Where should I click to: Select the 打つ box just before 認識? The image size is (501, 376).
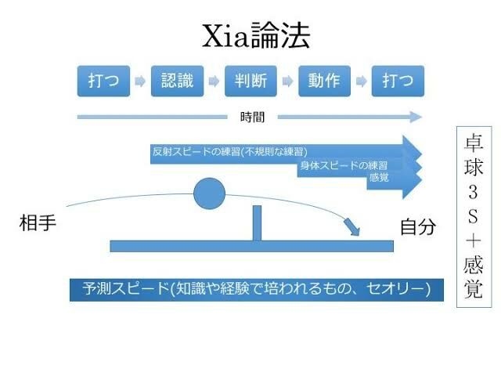pyautogui.click(x=104, y=81)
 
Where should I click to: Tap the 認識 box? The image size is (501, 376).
pyautogui.click(x=178, y=81)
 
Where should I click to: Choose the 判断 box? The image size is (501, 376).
pyautogui.click(x=250, y=81)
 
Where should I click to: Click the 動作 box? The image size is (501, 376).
pyautogui.click(x=324, y=81)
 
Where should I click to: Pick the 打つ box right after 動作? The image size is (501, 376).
pyautogui.click(x=398, y=81)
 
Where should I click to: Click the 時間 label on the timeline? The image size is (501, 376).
pyautogui.click(x=252, y=117)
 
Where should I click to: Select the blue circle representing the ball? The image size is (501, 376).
pyautogui.click(x=208, y=193)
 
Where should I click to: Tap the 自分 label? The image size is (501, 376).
pyautogui.click(x=417, y=227)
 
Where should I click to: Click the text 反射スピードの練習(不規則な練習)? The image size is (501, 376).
pyautogui.click(x=229, y=150)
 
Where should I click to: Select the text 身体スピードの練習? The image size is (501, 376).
pyautogui.click(x=344, y=165)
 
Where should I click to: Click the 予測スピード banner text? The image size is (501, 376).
pyautogui.click(x=256, y=288)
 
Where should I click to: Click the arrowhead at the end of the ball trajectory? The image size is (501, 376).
pyautogui.click(x=354, y=227)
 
